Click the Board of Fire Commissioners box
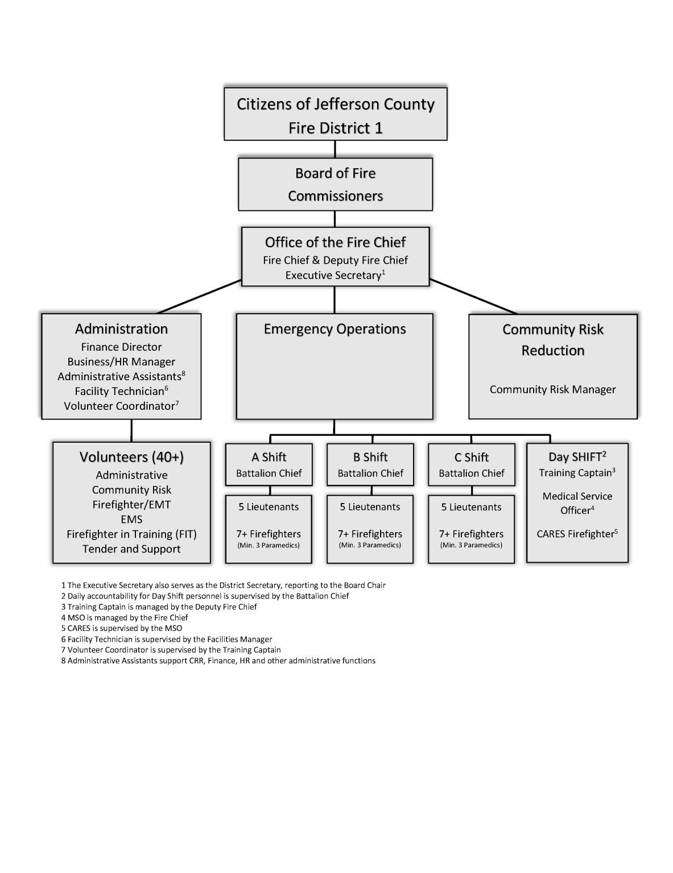[x=335, y=184]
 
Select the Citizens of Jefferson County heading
[x=335, y=105]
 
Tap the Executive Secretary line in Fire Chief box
[x=335, y=275]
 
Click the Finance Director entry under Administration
[x=121, y=347]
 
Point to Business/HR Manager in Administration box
[x=121, y=361]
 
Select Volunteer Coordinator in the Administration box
[x=121, y=406]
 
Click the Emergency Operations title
[x=335, y=329]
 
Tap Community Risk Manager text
[x=552, y=389]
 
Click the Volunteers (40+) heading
[x=131, y=457]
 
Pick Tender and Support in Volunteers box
[x=131, y=549]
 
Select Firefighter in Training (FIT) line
[x=131, y=534]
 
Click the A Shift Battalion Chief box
[x=269, y=465]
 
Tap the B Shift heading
[x=370, y=457]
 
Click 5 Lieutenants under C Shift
[x=471, y=507]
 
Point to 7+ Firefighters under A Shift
[x=269, y=534]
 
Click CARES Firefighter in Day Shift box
[x=576, y=534]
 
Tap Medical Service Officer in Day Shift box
[x=577, y=503]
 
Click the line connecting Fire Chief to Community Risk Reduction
[x=473, y=296]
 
